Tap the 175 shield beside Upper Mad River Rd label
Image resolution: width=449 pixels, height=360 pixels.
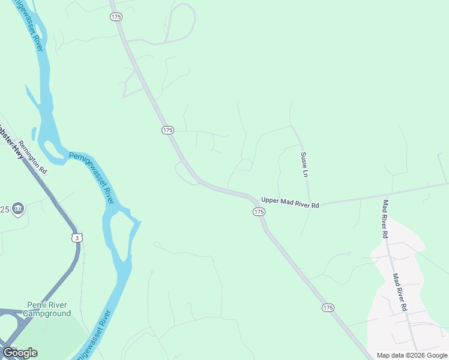[259, 212]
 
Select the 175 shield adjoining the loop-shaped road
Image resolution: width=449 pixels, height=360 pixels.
[116, 17]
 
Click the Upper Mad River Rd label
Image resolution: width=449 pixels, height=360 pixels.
[289, 203]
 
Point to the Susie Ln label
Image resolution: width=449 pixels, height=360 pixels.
[304, 164]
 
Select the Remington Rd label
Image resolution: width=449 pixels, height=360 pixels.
[32, 157]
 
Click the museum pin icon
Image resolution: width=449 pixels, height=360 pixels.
[18, 209]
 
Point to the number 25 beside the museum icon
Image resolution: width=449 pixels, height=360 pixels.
[4, 209]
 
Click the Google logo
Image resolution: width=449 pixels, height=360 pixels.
[20, 353]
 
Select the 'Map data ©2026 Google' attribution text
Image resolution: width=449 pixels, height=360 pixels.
[412, 355]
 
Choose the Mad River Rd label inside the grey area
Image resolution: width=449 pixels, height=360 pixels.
[400, 292]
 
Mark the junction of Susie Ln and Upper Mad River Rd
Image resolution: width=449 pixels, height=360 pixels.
[309, 202]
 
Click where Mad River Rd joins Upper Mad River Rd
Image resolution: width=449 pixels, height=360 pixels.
[384, 194]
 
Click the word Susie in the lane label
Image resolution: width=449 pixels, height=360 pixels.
[304, 158]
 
